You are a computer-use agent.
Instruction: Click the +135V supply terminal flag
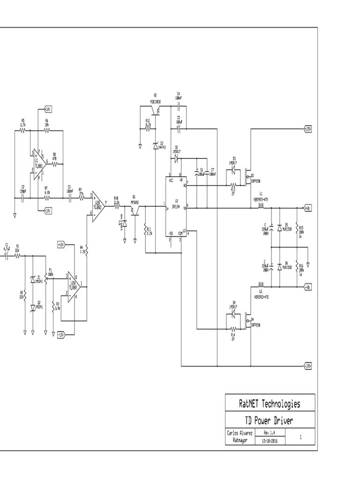307,128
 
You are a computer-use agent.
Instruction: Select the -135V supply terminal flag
307,365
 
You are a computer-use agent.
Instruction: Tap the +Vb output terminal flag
307,207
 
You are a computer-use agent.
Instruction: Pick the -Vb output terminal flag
307,286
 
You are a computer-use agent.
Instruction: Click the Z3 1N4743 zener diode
156,146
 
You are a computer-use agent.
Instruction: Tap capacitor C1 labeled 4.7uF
7,257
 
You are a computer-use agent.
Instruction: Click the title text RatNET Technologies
270,404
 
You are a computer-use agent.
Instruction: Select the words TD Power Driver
270,420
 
